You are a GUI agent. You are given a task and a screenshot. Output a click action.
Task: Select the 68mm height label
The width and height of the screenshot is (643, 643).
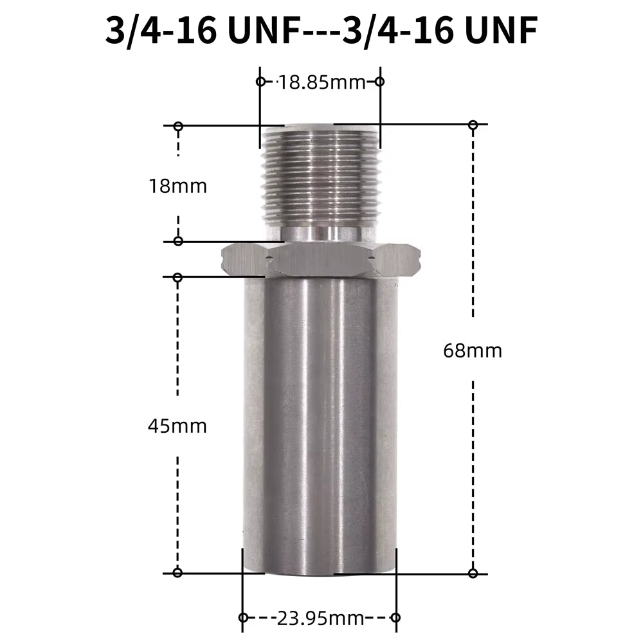click(473, 350)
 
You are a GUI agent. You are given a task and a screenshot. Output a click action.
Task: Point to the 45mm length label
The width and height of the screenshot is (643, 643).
click(177, 425)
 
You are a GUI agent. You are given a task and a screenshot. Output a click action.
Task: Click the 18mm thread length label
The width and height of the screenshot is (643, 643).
click(177, 186)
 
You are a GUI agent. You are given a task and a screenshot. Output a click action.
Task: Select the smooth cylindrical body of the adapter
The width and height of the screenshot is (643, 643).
click(320, 418)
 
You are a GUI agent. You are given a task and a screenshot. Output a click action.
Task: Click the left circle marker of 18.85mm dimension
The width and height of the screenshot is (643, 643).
click(260, 82)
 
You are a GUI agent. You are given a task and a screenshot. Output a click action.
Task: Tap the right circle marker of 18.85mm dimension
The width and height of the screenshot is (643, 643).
click(379, 82)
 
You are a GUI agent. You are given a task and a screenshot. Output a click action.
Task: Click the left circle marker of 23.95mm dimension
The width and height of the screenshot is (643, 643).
click(243, 618)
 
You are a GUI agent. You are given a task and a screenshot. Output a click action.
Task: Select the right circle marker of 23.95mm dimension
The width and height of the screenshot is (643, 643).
click(395, 618)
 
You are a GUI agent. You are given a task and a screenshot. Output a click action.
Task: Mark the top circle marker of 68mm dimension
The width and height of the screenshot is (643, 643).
click(473, 125)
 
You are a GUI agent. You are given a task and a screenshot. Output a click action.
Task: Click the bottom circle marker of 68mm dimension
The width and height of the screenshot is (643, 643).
click(473, 572)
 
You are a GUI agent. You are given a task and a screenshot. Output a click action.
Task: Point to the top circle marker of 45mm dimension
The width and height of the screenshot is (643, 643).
click(178, 277)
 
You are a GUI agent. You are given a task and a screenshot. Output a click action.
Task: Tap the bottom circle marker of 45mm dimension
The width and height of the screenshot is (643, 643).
click(178, 572)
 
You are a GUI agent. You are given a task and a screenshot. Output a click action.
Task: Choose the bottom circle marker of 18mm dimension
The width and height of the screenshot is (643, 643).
click(178, 241)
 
